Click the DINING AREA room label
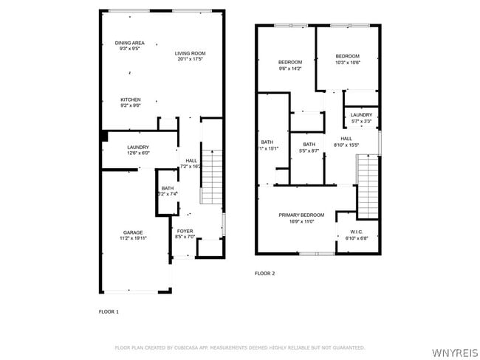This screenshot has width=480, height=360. point(129,43)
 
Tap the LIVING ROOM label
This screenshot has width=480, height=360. point(190,53)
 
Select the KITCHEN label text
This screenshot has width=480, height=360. point(131,100)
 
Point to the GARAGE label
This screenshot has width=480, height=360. point(133,232)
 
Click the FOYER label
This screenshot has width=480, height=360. point(185,231)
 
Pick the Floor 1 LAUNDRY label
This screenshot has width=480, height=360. point(138,147)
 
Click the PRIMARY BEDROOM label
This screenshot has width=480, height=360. point(301,215)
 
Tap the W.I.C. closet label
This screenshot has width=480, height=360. point(357,232)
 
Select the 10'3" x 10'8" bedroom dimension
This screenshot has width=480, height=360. point(347,63)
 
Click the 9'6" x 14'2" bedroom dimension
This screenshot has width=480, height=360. point(290,68)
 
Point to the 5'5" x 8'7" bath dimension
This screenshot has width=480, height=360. point(309,150)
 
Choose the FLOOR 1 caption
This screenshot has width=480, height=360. point(109,312)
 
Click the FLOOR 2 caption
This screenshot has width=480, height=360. point(264,274)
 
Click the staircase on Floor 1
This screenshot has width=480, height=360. point(211,176)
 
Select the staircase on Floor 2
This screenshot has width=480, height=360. point(368,187)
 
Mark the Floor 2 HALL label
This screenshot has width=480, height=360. point(346,138)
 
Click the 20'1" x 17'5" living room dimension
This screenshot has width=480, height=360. point(190,59)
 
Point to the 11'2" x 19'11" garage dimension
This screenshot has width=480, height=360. point(133,238)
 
